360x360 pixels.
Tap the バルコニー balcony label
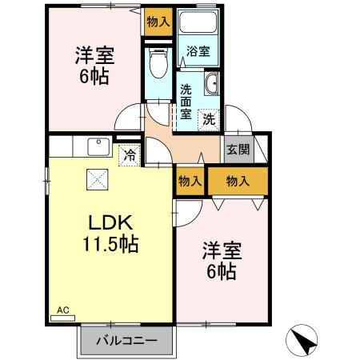tap(126, 339)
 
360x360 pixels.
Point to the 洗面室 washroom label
tap(186, 102)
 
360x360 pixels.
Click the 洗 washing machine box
tap(208, 120)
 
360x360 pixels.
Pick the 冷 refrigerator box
tap(128, 155)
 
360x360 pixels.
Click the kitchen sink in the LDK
tap(99, 148)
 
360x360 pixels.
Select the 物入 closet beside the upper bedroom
tap(158, 22)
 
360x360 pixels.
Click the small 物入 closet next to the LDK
tap(190, 181)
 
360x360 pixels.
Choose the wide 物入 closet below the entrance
tap(238, 181)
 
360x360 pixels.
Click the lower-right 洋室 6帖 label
tap(218, 261)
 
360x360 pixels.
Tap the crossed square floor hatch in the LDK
tap(95, 182)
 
